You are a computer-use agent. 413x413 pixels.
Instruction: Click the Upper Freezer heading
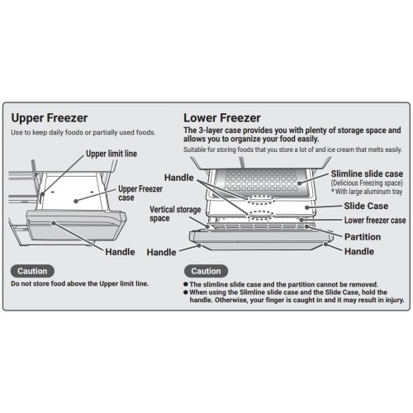(50, 118)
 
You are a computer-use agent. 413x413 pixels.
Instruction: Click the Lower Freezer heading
(222, 118)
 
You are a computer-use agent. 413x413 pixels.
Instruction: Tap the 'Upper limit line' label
(112, 154)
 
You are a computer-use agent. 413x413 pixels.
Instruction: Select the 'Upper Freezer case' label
(140, 193)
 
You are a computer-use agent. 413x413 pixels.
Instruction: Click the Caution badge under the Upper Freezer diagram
(32, 271)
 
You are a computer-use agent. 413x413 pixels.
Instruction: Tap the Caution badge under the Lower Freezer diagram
(206, 271)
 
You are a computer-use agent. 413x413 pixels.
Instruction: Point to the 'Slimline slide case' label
(367, 173)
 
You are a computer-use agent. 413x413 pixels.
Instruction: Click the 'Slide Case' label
(366, 206)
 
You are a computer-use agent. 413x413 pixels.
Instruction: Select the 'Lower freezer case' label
(375, 221)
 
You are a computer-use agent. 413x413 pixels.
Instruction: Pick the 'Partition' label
(363, 237)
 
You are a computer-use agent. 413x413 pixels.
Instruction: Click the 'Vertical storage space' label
(175, 214)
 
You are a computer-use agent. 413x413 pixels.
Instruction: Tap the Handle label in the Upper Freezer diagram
(120, 252)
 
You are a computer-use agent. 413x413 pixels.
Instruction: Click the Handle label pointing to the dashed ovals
(179, 178)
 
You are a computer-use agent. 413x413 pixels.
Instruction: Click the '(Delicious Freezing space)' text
(367, 183)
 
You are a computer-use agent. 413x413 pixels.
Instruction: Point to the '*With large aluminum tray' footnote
(367, 192)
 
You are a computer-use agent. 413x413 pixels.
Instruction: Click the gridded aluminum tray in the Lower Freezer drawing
(261, 181)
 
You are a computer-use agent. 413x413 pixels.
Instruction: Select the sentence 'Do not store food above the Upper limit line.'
(80, 283)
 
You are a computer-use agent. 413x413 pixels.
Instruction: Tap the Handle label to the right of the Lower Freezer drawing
(359, 251)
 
